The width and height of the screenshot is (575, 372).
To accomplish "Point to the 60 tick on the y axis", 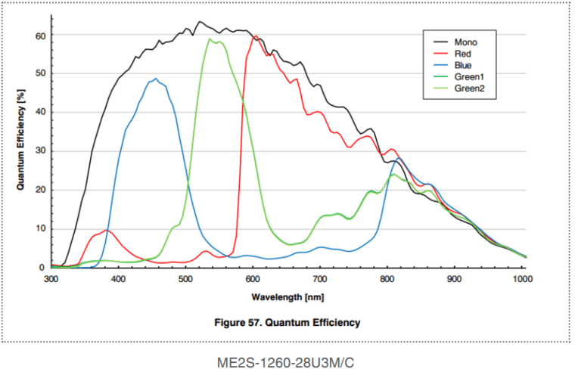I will [x=41, y=36].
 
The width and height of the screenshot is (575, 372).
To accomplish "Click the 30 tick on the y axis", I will [x=41, y=151].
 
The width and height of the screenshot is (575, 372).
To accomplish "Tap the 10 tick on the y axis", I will [x=41, y=228].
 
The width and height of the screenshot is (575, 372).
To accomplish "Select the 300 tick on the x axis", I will [x=51, y=279].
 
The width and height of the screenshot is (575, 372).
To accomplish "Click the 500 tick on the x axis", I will [x=185, y=279].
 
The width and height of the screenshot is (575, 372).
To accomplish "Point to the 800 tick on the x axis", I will [x=387, y=279].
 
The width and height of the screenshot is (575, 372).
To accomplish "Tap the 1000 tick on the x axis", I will [x=521, y=279].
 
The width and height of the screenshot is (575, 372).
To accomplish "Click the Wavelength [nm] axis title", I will [x=287, y=296].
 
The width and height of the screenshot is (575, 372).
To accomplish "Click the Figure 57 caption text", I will [x=287, y=322].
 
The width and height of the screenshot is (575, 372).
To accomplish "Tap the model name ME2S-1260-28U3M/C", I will [x=287, y=362].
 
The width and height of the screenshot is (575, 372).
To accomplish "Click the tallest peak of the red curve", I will [x=256, y=36].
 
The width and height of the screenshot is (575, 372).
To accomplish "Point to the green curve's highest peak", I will [x=210, y=39].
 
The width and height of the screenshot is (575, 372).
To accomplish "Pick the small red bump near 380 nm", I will [x=106, y=230].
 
